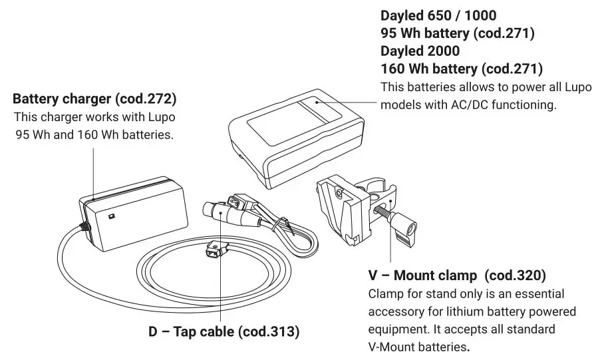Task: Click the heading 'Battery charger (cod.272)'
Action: tap(94, 99)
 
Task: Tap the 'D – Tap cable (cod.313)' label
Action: tap(224, 331)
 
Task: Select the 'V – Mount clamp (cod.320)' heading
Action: tap(457, 275)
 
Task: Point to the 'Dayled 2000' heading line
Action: tap(420, 51)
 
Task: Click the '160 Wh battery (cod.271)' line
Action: tap(461, 69)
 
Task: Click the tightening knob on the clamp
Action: tap(405, 232)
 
